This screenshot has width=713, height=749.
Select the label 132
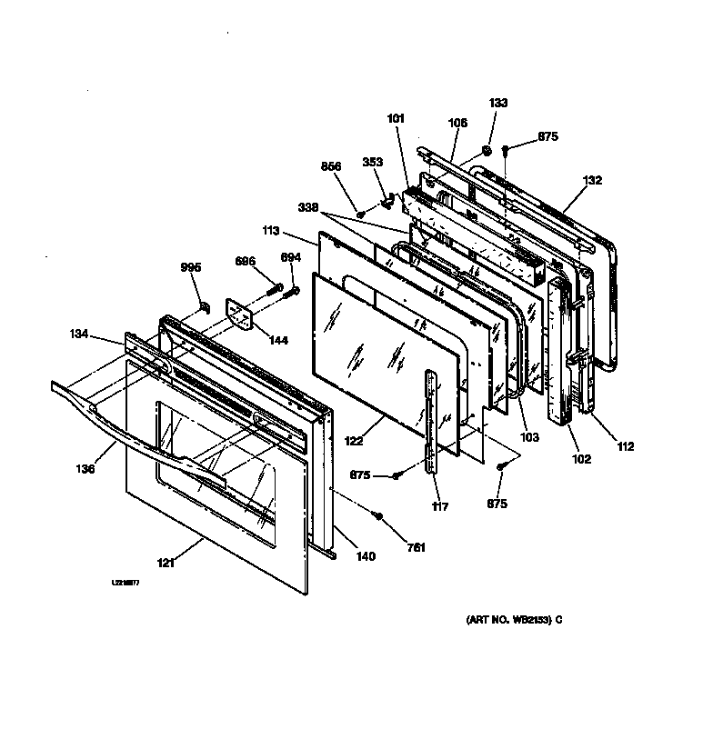[x=592, y=181]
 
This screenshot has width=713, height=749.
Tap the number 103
[x=529, y=437]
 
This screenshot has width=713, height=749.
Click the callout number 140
[x=365, y=556]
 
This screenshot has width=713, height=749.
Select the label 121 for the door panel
[x=165, y=564]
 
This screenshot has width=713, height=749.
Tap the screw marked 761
[x=379, y=516]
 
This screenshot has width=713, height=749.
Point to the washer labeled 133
[x=487, y=148]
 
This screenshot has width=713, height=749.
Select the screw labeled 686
[x=271, y=292]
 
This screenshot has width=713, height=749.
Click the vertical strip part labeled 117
[x=431, y=418]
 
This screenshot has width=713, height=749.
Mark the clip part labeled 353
[x=385, y=195]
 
